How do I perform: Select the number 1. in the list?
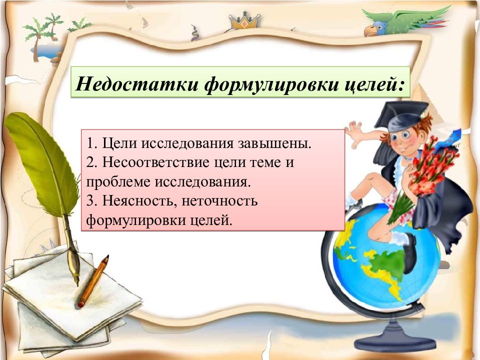pos(92,144)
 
